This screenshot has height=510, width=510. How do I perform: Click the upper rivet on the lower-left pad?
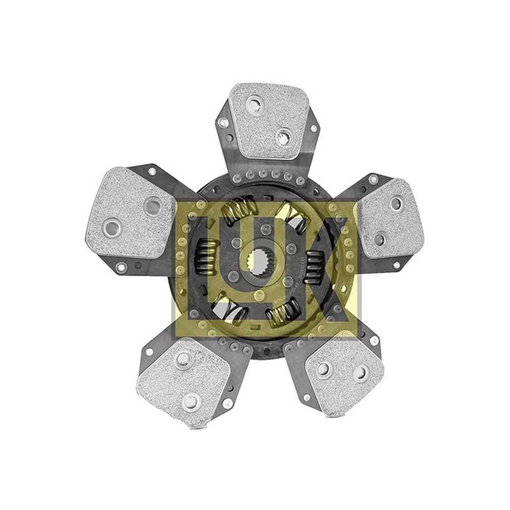pos(185,360)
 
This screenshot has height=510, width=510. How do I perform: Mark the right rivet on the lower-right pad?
pos(360,373)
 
